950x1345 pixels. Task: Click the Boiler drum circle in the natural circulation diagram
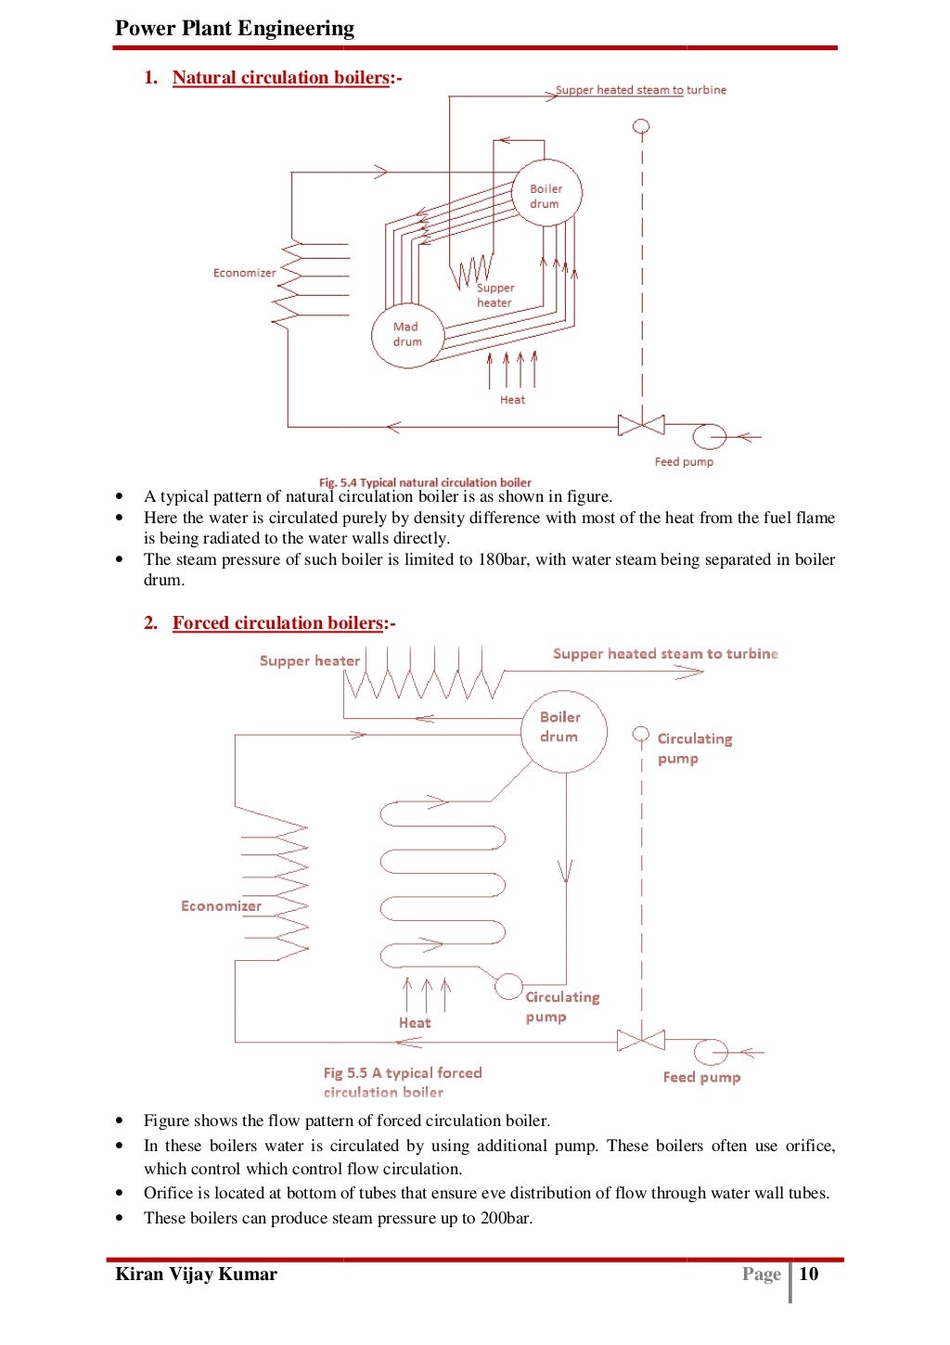point(547,196)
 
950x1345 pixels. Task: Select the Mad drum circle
point(407,335)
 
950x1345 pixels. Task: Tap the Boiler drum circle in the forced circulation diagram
point(559,731)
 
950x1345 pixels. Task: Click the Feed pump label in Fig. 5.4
point(684,462)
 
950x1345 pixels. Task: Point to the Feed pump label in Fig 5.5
point(701,1077)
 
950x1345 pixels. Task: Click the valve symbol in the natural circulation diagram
point(641,426)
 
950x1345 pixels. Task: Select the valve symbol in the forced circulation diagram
point(641,1040)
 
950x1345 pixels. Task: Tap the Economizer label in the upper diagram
point(244,273)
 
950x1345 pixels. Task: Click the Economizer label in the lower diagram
point(221,906)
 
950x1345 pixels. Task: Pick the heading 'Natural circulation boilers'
point(280,78)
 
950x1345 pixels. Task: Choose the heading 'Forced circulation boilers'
point(277,623)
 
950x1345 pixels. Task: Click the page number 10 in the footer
point(809,1274)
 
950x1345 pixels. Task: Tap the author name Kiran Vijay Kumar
point(196,1274)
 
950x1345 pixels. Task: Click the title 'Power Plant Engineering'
point(235,28)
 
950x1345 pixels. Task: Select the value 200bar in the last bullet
point(506,1218)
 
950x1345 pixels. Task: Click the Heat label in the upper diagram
point(512,400)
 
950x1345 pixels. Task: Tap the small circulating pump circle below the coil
point(508,986)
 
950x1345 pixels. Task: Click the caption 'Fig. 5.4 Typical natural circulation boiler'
point(425,482)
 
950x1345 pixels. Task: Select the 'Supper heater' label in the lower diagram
point(309,660)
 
